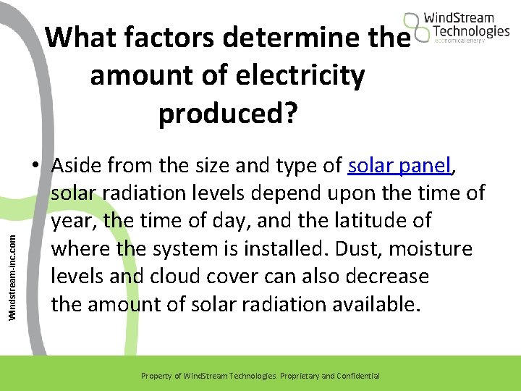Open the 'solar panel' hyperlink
point(399,166)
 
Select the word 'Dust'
point(355,248)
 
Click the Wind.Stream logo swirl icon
point(415,29)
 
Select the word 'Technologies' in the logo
point(471,31)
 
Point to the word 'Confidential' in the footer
point(355,376)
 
